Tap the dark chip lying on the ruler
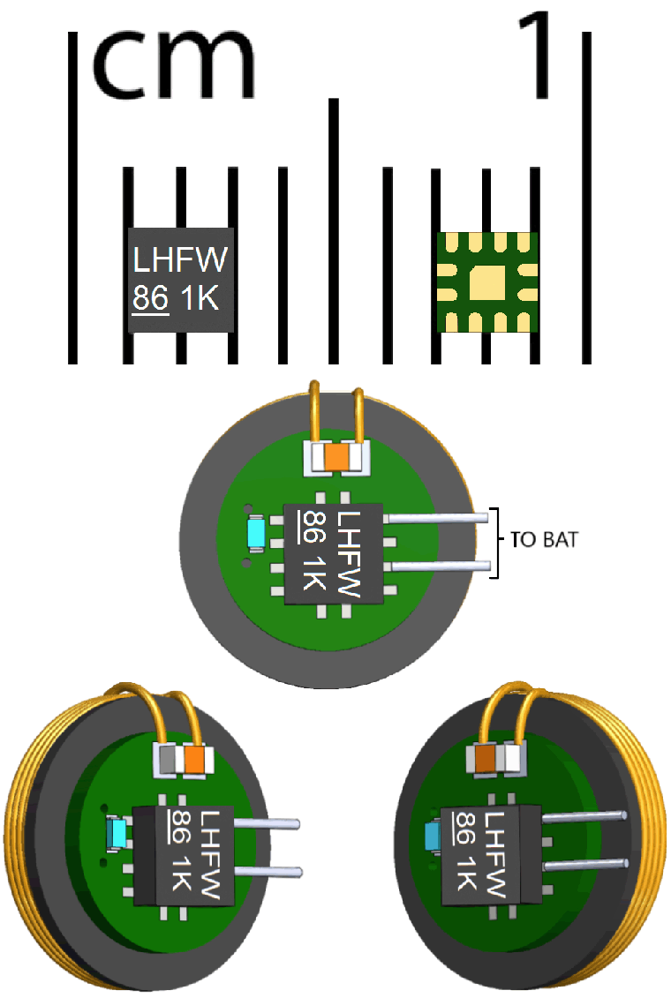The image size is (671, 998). pos(182,279)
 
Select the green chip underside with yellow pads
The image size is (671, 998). pos(487,282)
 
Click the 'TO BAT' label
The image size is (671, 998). pos(545,540)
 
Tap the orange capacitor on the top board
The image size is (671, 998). pos(337,457)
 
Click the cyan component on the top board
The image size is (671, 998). pos(257,532)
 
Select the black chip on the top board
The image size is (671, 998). pos(333,554)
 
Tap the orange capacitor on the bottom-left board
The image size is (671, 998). pos(194,758)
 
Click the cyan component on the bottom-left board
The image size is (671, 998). pos(116,833)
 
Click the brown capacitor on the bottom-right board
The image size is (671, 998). pos(485,757)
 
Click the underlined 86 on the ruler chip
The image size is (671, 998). pos(150,299)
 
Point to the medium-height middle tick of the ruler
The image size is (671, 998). pos(334,229)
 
